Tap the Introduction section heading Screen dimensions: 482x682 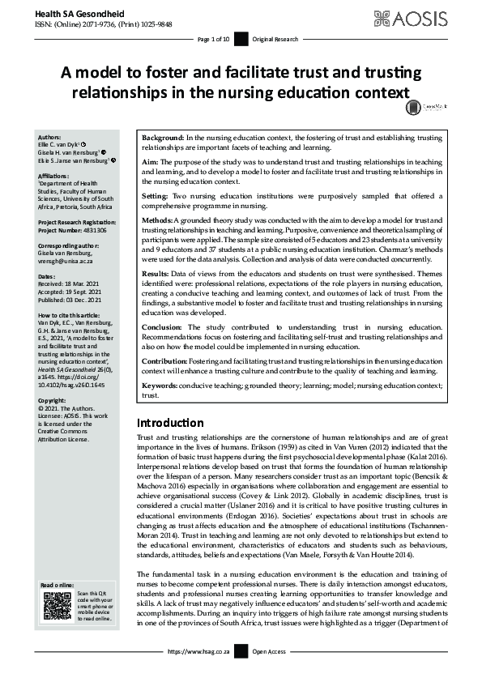tap(170, 423)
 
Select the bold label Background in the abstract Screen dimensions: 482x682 tap(162, 139)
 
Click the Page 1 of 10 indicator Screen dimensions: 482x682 tap(214, 39)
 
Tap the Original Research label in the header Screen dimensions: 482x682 tap(275, 39)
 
